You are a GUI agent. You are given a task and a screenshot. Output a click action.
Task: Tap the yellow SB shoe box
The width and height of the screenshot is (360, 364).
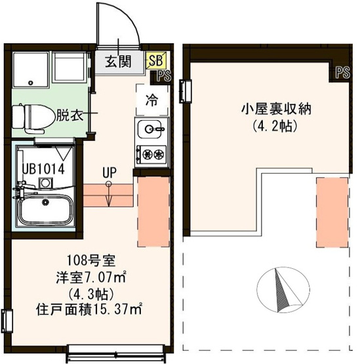[155, 60]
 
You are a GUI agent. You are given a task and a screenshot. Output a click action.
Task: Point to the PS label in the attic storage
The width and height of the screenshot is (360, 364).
[342, 72]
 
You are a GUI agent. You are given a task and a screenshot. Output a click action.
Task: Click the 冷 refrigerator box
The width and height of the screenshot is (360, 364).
[151, 101]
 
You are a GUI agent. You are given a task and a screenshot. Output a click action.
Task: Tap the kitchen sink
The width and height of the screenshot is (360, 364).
[151, 129]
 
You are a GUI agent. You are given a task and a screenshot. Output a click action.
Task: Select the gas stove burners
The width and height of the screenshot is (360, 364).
[151, 155]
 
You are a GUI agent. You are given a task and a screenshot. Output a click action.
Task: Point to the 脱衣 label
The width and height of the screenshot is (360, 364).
[69, 116]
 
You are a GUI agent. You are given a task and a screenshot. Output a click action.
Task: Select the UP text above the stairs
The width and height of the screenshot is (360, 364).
[109, 173]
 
